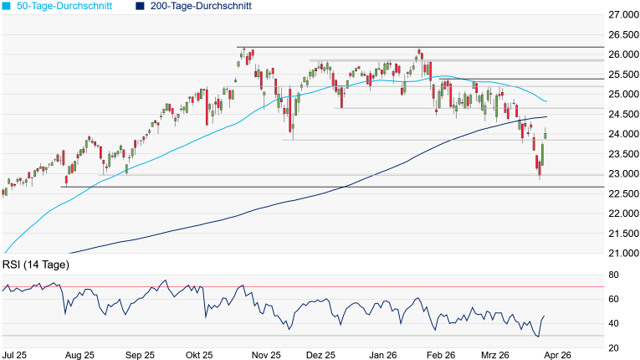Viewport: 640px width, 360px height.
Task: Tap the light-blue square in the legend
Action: pos(6,6)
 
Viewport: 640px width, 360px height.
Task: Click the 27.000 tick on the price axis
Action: pos(622,15)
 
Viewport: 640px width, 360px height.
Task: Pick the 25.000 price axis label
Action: pos(622,95)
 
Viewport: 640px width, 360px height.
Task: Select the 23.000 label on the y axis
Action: pos(622,174)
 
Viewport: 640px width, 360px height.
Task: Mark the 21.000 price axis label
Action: pos(622,254)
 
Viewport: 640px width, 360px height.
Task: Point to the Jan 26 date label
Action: pos(383,354)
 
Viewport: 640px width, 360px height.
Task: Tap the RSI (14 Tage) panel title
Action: pos(36,265)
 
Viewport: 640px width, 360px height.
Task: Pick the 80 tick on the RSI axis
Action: pos(613,275)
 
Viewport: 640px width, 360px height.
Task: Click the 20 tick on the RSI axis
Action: pos(613,347)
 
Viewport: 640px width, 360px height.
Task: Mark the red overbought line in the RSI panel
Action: pos(301,287)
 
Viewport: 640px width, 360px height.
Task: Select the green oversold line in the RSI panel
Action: pos(301,336)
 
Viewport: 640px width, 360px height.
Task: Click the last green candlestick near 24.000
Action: pos(545,135)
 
